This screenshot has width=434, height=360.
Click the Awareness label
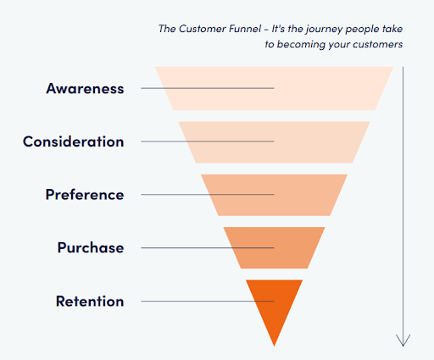[85, 88]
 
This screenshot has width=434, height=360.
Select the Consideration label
[74, 141]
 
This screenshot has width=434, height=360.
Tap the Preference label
[85, 195]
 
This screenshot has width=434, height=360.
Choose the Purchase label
[91, 247]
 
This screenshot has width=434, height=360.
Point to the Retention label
[90, 301]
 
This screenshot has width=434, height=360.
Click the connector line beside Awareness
[208, 88]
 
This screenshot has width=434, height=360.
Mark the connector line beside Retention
[208, 302]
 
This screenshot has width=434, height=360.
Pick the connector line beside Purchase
[208, 248]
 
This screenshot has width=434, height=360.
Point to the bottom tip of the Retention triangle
[274, 346]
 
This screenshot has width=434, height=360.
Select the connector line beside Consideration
[208, 141]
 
